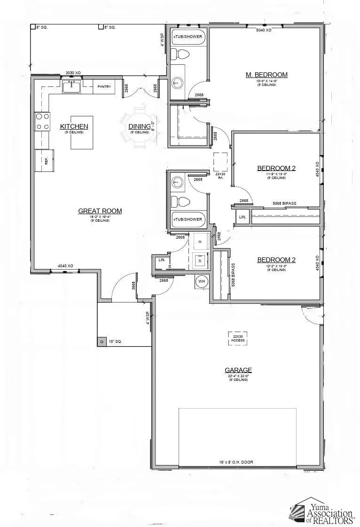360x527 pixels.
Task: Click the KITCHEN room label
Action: click(74, 126)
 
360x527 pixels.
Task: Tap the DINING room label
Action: click(140, 126)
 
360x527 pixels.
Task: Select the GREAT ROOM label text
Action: click(100, 211)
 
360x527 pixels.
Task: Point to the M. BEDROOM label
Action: click(266, 75)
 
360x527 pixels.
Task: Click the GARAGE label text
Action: click(238, 370)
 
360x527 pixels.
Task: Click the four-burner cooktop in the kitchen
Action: click(42, 121)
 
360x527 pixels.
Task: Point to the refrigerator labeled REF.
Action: click(45, 161)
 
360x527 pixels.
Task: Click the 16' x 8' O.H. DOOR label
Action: click(236, 462)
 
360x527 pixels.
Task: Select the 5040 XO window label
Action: click(263, 30)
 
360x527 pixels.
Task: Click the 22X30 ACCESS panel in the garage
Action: click(237, 338)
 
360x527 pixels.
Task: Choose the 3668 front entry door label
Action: click(133, 286)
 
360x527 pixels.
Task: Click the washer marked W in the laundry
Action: click(200, 259)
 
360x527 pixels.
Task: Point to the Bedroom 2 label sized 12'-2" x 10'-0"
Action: click(276, 260)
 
